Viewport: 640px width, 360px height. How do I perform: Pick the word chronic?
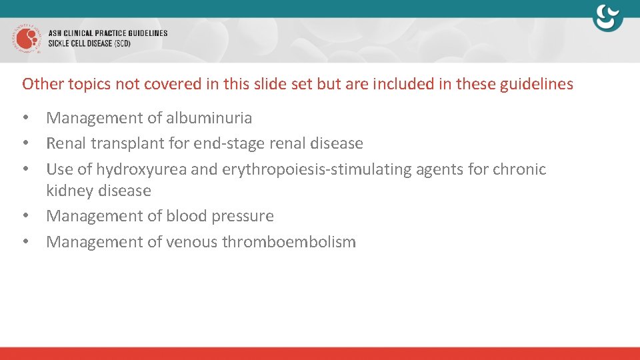[519, 169]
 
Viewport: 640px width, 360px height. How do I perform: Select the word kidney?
[69, 191]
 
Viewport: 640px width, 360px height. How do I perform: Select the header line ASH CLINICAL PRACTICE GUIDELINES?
[107, 33]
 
